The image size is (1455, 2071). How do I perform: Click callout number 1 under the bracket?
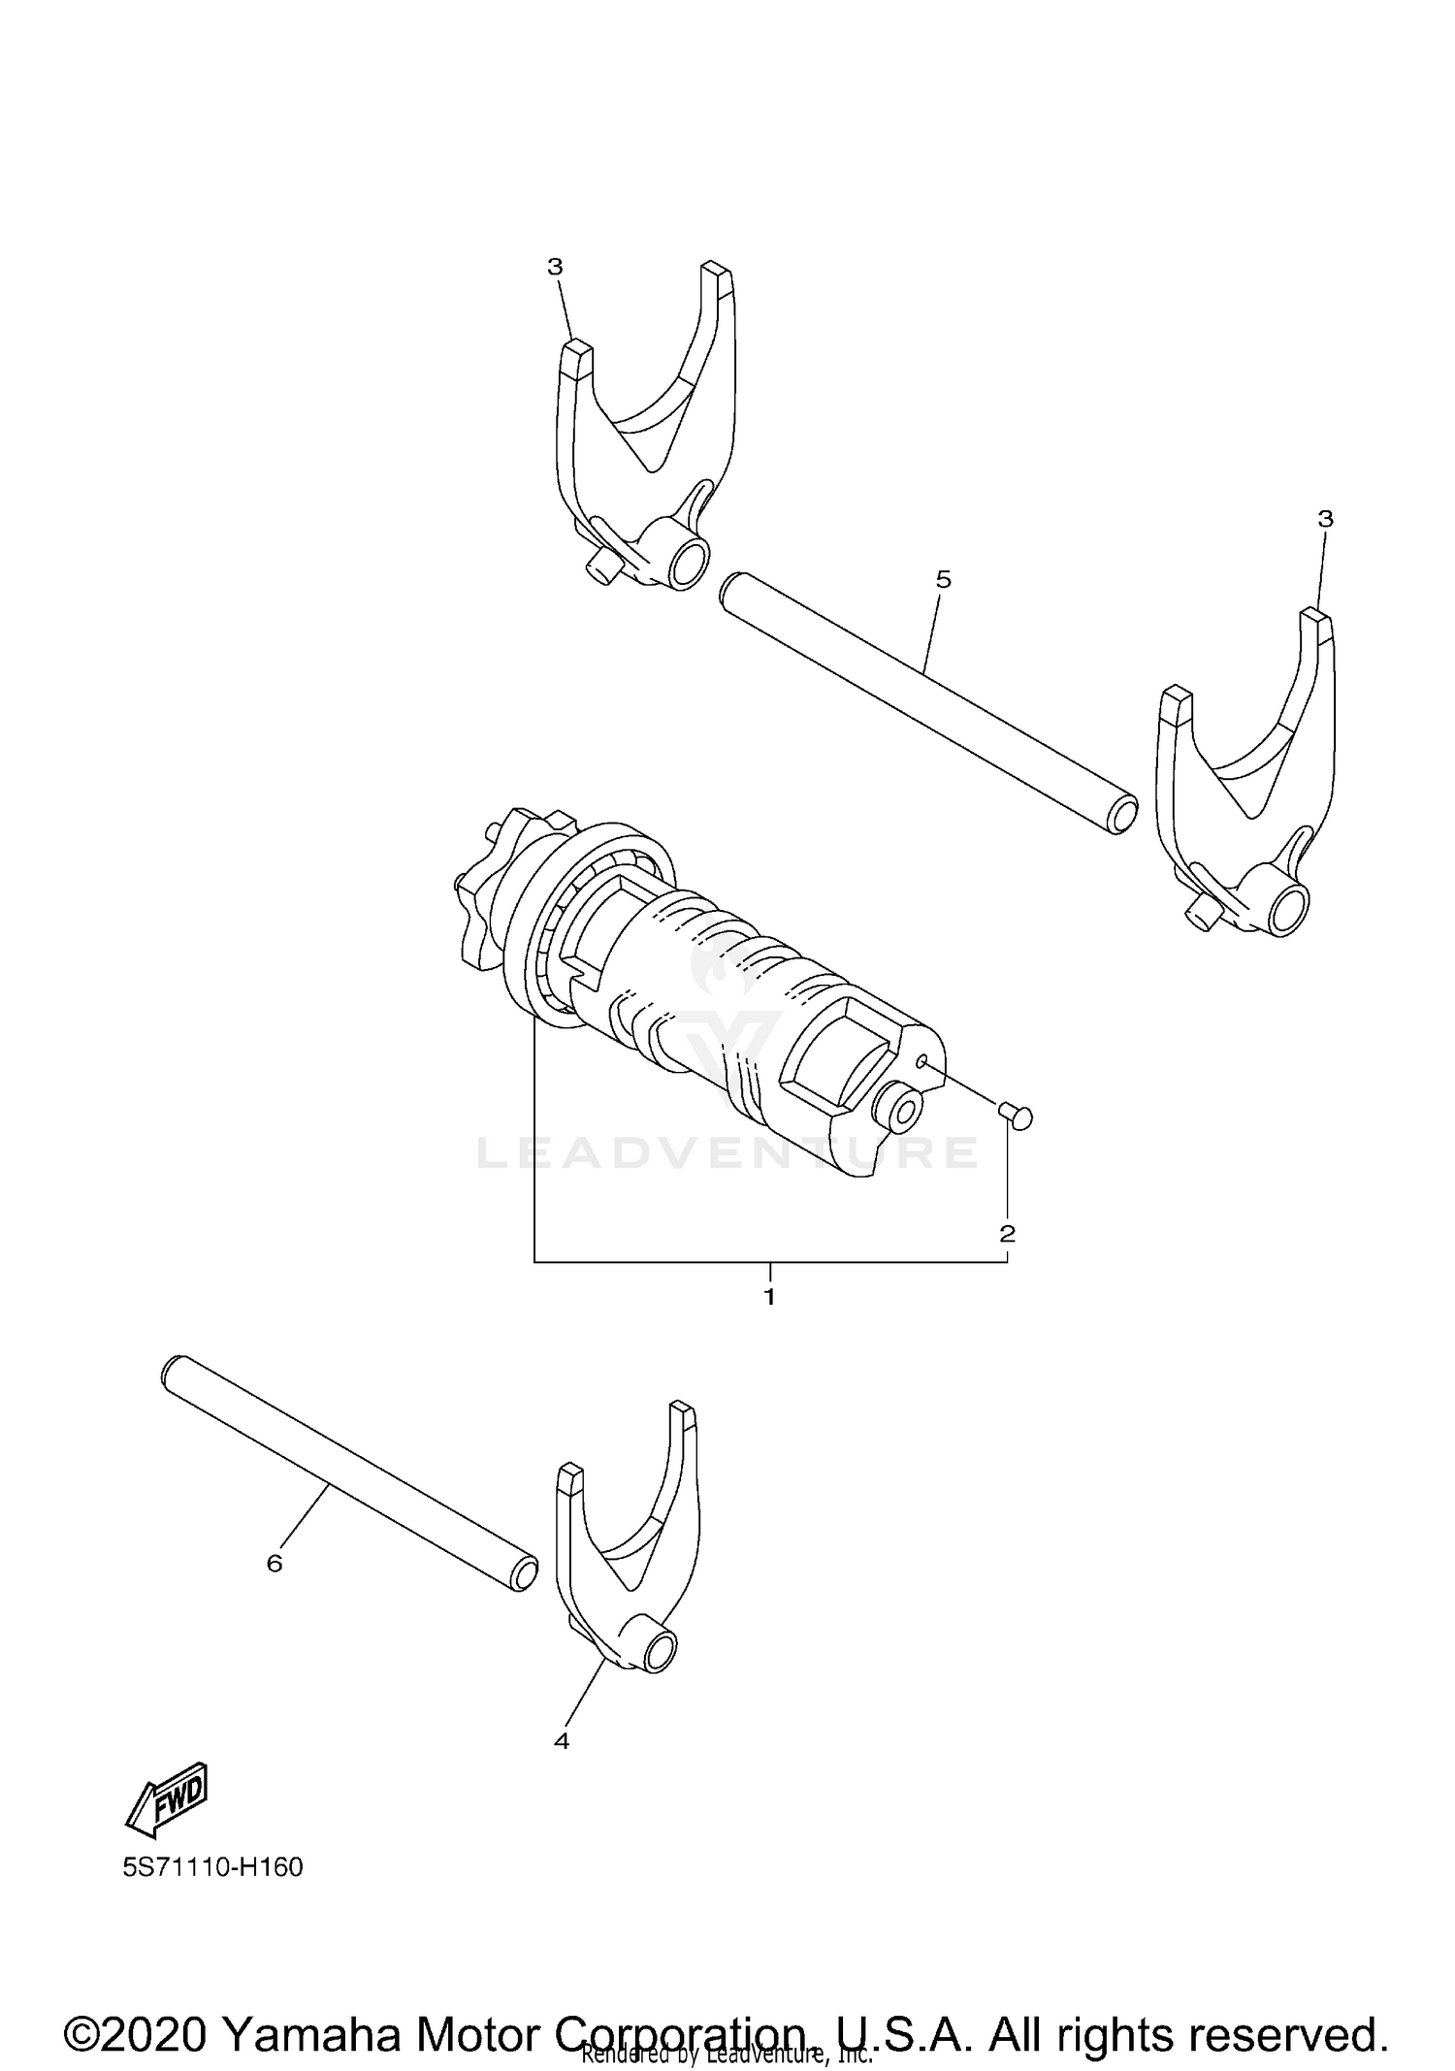coord(769,1297)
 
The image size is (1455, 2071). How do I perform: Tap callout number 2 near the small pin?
coord(1007,1233)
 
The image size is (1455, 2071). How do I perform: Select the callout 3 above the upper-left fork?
coord(555,267)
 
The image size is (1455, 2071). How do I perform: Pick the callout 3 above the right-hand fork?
coord(1325,519)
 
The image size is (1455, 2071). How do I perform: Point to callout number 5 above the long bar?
coord(943,579)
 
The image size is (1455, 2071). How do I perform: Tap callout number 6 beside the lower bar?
coord(275,1564)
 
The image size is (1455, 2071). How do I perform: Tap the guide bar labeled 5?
coord(926,702)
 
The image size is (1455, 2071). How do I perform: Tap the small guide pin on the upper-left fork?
coord(599,566)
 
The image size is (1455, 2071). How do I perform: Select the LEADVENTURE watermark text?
coord(727,1152)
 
